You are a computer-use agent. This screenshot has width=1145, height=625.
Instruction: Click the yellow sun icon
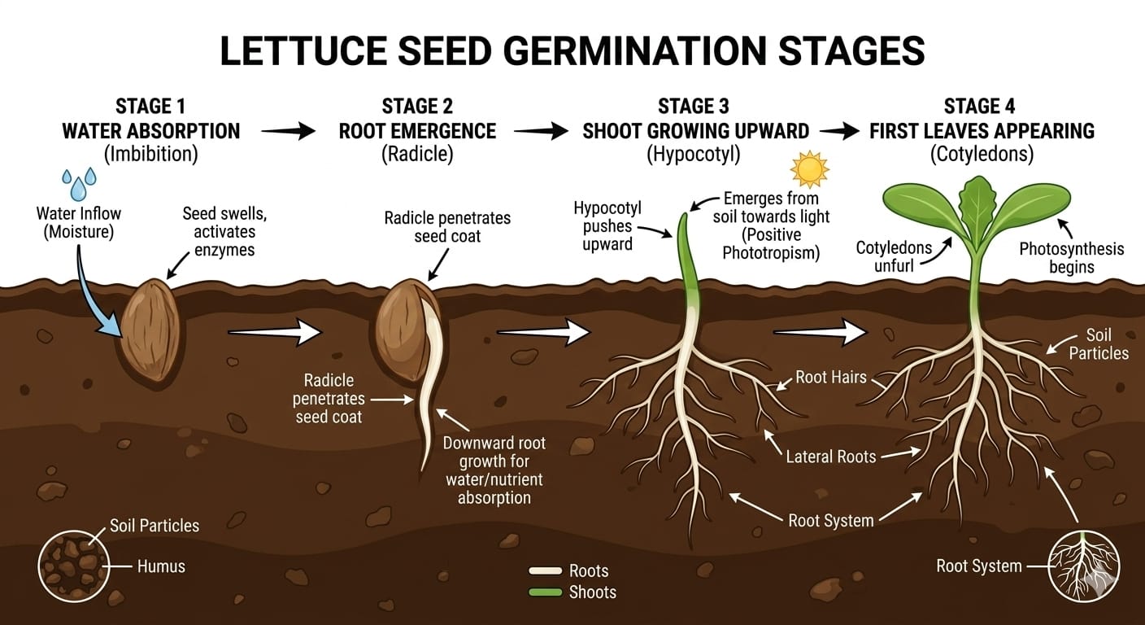tap(809, 169)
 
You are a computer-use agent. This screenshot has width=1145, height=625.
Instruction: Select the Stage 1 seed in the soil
tap(150, 330)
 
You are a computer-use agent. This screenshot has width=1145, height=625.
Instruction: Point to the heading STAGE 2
tap(417, 107)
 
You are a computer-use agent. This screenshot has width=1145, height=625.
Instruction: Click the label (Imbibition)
tap(150, 154)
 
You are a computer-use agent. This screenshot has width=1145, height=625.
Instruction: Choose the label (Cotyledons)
tap(982, 154)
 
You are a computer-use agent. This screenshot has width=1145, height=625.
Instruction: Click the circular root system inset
tap(1084, 566)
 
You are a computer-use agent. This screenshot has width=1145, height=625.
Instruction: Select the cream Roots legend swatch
tap(545, 571)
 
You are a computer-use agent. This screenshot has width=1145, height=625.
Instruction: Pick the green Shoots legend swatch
tap(545, 592)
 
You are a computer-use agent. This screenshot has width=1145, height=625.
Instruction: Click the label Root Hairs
tap(831, 377)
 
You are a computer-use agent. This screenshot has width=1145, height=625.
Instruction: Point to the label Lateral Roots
tap(830, 456)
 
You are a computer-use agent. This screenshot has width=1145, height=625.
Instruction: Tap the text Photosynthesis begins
tap(1071, 258)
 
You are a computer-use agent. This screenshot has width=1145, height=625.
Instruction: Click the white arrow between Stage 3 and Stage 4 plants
tap(821, 331)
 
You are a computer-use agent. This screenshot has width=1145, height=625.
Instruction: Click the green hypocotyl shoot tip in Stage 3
tap(685, 224)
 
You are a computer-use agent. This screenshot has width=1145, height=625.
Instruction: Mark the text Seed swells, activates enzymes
tap(224, 232)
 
